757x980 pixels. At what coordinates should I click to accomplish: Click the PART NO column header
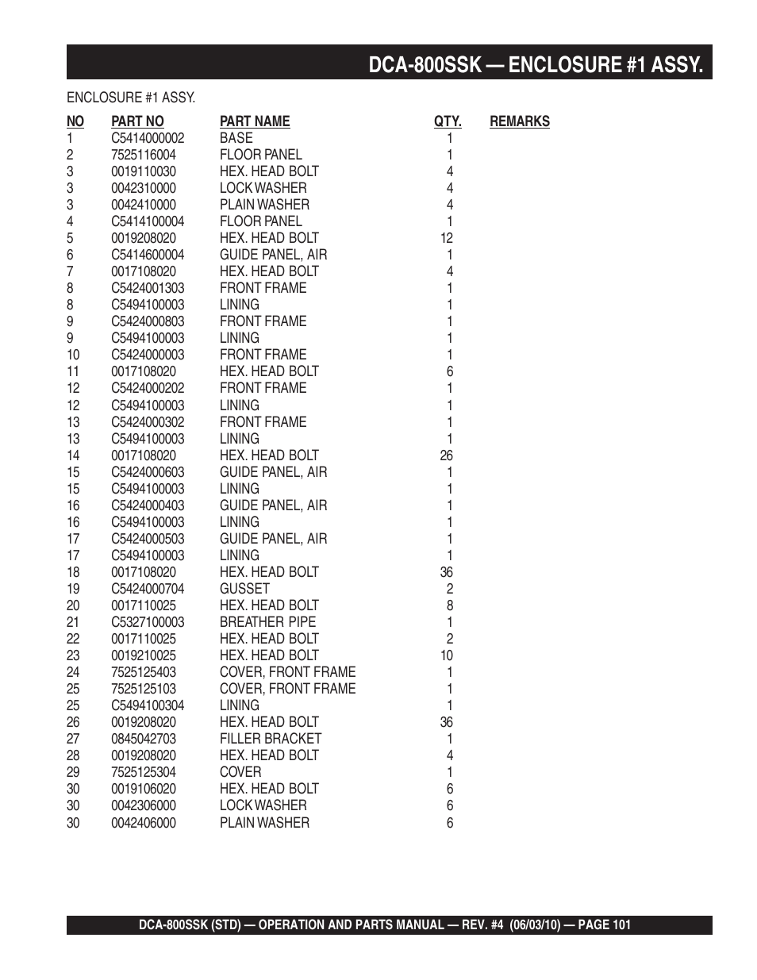pos(137,121)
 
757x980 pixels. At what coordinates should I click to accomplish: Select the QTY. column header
pos(448,121)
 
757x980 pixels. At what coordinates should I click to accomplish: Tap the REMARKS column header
pos(520,121)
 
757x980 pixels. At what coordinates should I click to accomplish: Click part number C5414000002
pos(148,138)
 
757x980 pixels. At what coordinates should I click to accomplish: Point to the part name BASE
pos(236,138)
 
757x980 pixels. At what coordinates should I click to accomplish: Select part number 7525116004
pos(144,155)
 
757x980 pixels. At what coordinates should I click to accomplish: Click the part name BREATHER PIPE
pos(267,622)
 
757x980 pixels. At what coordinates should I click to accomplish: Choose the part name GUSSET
pos(244,589)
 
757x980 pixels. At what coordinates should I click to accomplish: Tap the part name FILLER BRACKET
pos(271,739)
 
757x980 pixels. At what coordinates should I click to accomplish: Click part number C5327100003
pos(148,622)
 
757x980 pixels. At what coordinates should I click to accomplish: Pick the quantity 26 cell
pos(447,455)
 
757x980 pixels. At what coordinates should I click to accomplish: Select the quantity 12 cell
pos(447,238)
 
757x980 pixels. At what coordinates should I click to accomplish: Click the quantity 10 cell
pos(447,655)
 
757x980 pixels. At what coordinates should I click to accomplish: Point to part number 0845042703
pos(144,739)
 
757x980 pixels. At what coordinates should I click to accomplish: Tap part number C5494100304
pos(148,705)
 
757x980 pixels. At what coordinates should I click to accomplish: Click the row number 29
pos(73,772)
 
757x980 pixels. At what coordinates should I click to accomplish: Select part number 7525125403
pos(144,672)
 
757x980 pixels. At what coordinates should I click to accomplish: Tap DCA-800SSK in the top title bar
pos(425,64)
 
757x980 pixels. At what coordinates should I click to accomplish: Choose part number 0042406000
pos(144,823)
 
